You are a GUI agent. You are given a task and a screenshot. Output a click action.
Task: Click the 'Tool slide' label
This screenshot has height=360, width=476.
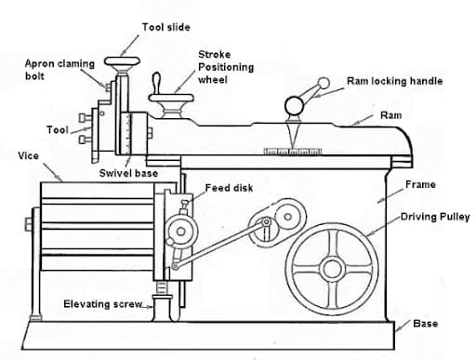tap(165, 28)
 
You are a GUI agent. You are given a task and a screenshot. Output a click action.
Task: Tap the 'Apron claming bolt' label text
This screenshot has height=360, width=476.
tap(58, 69)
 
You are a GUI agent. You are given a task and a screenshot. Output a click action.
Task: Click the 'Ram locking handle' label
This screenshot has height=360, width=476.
tap(394, 81)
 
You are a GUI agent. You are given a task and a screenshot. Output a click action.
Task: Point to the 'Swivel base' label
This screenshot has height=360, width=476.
tap(128, 173)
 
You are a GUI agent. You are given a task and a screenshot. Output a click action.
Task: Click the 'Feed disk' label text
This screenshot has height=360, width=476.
tap(229, 188)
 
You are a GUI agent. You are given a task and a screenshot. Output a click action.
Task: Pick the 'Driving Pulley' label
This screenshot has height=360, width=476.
tap(435, 217)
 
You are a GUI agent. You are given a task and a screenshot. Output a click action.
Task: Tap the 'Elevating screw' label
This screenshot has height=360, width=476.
tap(100, 304)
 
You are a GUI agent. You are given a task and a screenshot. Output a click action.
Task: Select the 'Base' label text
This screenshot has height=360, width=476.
tap(424, 324)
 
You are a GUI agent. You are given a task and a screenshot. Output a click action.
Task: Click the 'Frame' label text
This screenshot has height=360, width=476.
tap(420, 184)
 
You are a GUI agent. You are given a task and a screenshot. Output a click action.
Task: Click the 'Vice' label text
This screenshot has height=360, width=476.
tap(28, 155)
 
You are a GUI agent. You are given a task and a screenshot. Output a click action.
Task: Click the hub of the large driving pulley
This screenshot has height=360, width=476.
tap(333, 262)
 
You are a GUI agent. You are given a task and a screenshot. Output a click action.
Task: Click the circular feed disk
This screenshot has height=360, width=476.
tap(176, 230)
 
